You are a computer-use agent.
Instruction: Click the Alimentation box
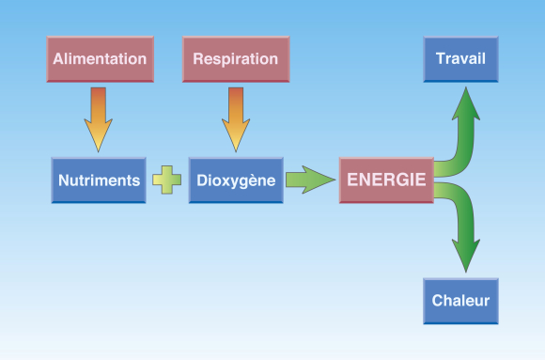pos(100,60)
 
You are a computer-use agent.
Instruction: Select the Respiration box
pos(235,60)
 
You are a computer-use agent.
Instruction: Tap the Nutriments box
pos(100,180)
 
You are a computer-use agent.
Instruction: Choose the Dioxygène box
pos(235,180)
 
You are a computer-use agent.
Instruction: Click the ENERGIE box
pos(385,180)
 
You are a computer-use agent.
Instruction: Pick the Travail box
pos(460,60)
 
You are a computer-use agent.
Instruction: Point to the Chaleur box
pos(460,301)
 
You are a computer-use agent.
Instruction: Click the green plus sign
pos(167,180)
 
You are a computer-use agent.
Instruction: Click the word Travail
pos(460,58)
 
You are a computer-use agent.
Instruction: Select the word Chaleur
pos(460,302)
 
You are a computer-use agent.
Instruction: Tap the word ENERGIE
pos(385,180)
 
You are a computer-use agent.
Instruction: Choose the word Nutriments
pos(100,180)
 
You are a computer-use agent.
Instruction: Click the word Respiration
pos(235,59)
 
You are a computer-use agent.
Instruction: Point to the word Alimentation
pos(100,59)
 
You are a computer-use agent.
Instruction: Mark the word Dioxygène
pos(235,180)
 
